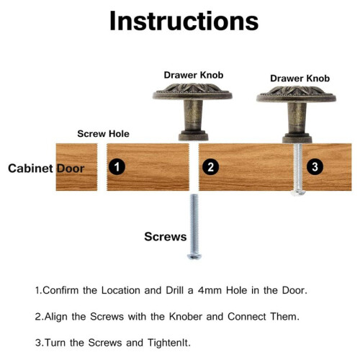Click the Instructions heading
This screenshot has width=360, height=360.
click(184, 21)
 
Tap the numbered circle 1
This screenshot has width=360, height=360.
click(117, 166)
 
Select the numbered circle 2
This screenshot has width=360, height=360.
click(210, 167)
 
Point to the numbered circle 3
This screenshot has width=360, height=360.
click(315, 166)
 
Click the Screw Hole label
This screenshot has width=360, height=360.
click(103, 134)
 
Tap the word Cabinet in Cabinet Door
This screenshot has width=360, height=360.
click(30, 168)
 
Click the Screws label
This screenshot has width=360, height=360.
click(166, 237)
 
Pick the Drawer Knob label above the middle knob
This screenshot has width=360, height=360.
click(194, 75)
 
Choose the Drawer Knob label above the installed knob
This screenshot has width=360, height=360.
click(300, 78)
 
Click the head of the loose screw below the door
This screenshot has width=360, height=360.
click(194, 256)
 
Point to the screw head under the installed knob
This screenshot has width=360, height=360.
click(298, 192)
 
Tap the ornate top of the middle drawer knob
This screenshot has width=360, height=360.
click(192, 91)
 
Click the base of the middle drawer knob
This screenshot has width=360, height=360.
click(193, 135)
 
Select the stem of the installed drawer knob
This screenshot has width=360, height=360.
click(297, 117)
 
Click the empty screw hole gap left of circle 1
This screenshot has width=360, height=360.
click(102, 167)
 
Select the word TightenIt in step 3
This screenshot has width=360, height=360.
click(169, 343)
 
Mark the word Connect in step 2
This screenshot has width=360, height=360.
click(247, 317)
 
